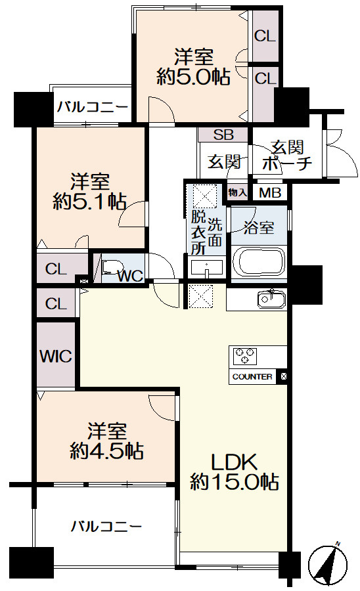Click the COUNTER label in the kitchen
[252, 376]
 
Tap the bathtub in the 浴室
[259, 262]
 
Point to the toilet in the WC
[109, 269]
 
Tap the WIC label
[56, 356]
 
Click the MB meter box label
[270, 193]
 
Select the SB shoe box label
[223, 135]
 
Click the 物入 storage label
[238, 193]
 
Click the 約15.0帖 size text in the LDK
[235, 482]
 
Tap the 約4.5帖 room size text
[106, 450]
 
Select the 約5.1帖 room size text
[90, 202]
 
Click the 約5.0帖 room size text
[193, 77]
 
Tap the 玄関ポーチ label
[287, 156]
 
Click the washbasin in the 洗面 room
[206, 268]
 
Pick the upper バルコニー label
[93, 107]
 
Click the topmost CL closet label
[265, 36]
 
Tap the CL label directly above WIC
[56, 303]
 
